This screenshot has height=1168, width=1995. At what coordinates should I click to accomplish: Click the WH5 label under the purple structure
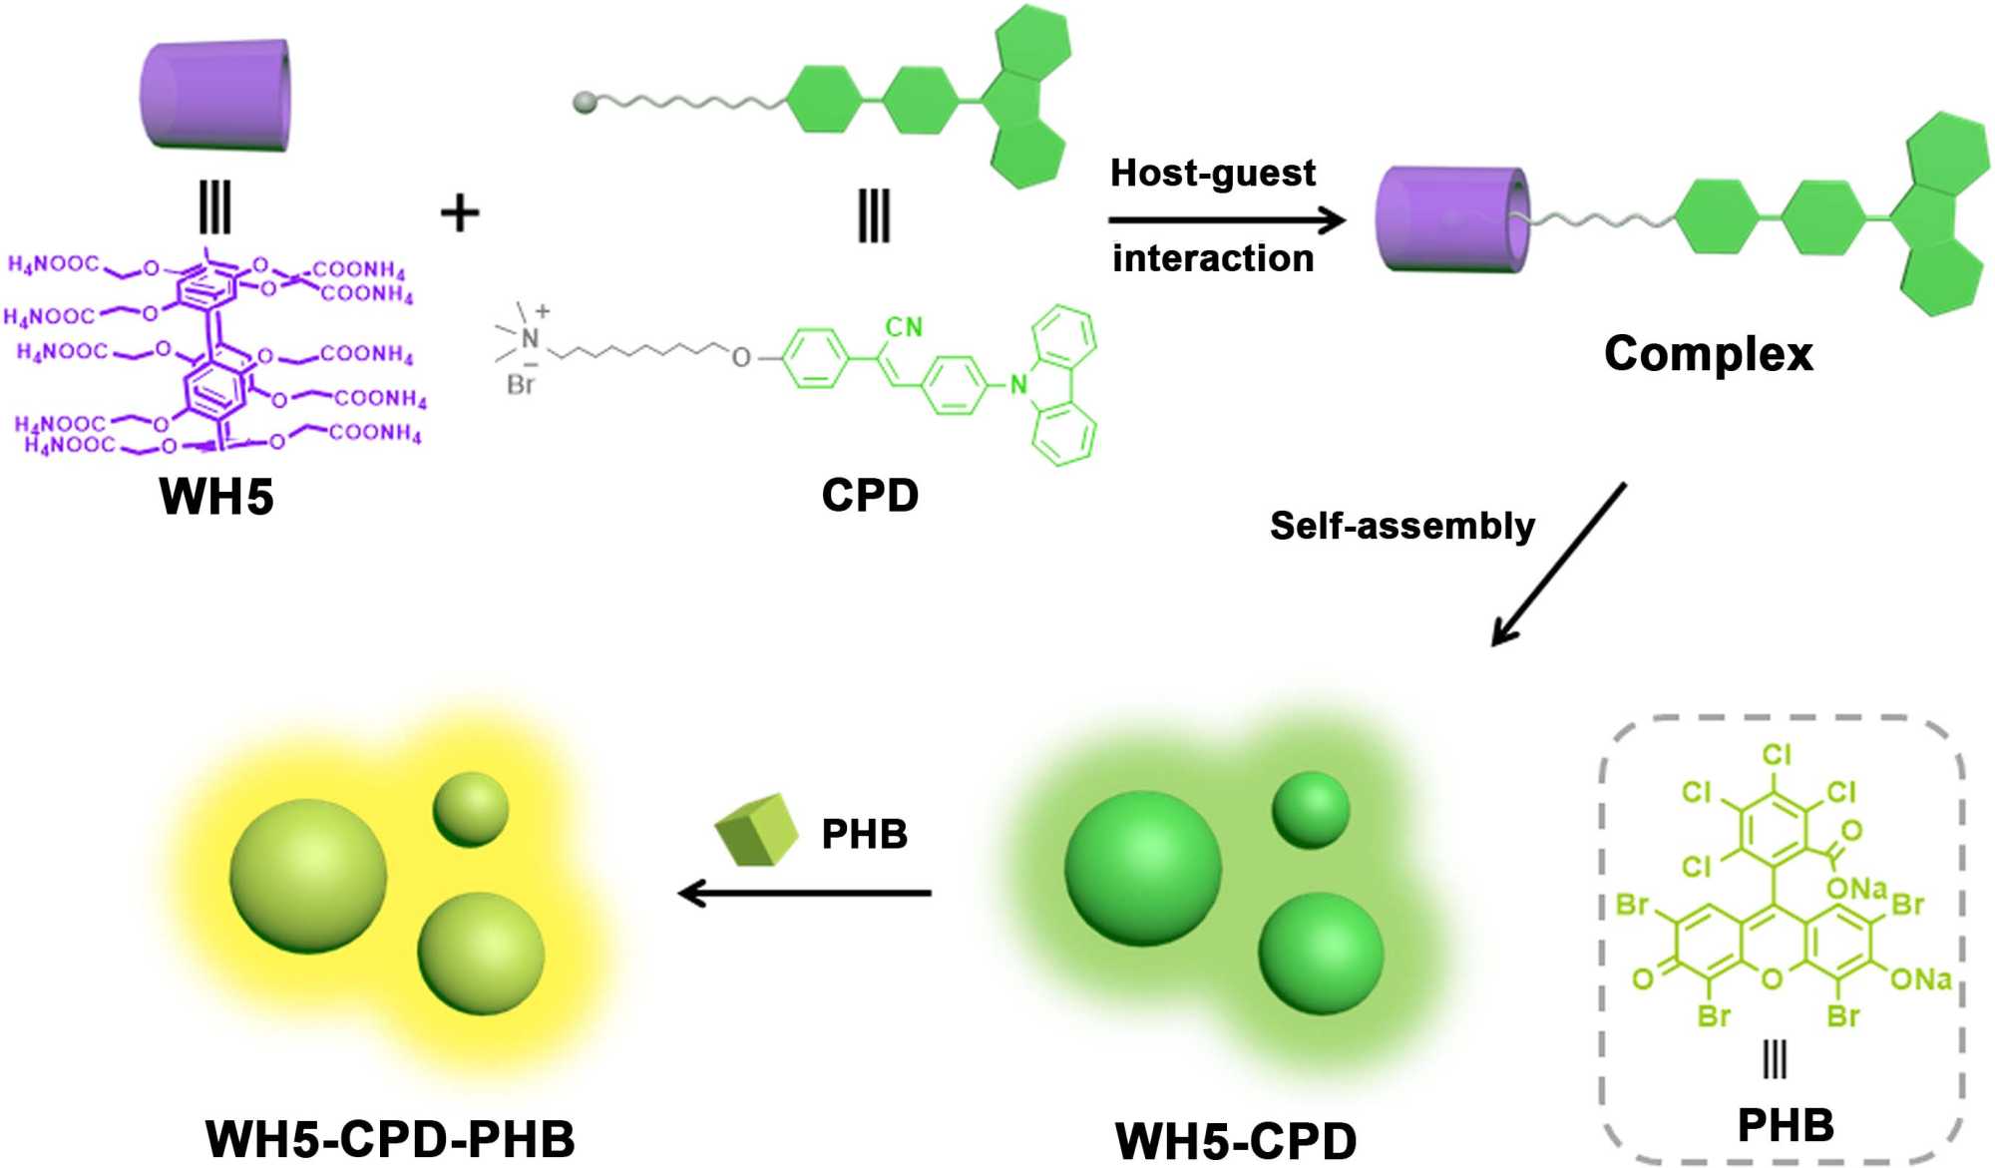(215, 496)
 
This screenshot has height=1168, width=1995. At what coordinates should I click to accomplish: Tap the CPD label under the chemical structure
(870, 495)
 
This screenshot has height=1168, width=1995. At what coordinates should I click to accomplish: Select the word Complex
(1708, 354)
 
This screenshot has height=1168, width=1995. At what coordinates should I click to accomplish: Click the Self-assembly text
(1401, 526)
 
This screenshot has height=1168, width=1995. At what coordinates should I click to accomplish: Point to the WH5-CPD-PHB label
(390, 1138)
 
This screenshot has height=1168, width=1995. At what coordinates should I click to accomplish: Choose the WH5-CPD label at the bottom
(1235, 1140)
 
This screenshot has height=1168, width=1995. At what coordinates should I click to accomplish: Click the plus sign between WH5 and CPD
(460, 213)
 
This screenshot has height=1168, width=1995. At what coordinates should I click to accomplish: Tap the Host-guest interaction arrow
(1227, 219)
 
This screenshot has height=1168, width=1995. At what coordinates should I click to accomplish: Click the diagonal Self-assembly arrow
(1558, 565)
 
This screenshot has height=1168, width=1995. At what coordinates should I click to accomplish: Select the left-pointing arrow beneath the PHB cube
(804, 892)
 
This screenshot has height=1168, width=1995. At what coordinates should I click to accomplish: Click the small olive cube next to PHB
(756, 830)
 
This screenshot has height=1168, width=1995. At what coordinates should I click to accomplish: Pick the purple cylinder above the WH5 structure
(215, 96)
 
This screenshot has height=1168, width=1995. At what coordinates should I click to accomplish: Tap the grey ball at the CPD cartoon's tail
(585, 102)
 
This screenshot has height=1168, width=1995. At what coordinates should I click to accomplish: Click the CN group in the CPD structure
(904, 327)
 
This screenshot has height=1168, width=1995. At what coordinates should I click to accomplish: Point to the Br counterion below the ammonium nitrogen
(521, 384)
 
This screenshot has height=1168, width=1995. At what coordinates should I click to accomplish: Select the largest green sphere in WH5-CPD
(1142, 868)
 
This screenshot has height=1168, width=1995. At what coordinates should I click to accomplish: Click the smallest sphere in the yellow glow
(470, 809)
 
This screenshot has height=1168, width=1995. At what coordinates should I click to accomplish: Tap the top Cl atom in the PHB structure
(1776, 754)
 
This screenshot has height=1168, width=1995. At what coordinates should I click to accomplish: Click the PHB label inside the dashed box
(1785, 1125)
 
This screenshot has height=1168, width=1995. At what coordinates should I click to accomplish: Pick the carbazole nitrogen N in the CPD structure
(1017, 384)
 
